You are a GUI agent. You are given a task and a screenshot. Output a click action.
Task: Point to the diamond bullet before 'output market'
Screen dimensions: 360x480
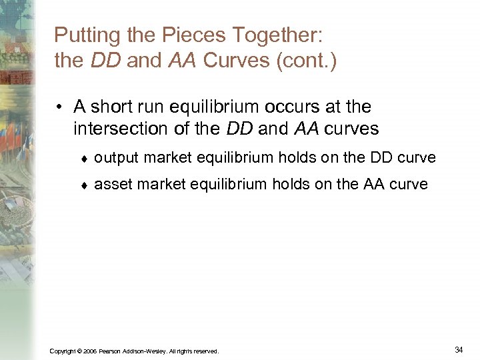point(84,159)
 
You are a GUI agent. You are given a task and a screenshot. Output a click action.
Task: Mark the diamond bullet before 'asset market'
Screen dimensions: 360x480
point(84,185)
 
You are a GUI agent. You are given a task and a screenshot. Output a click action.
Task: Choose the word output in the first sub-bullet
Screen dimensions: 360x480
point(115,158)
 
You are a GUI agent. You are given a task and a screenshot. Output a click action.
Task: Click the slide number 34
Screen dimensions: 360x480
point(458,349)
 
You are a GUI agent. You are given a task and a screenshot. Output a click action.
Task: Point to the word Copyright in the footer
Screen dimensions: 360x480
point(63,351)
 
